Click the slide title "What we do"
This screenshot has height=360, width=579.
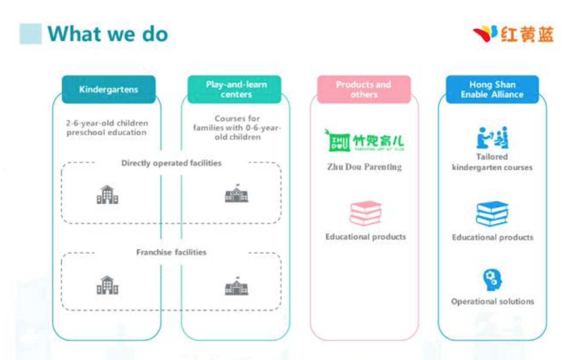(107, 34)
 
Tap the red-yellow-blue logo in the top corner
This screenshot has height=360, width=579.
(514, 34)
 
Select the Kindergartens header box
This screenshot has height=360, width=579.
(109, 90)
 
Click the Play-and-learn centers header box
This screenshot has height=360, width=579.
(235, 89)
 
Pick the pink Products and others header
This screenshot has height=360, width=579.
(364, 89)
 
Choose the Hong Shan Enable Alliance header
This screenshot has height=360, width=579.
(492, 89)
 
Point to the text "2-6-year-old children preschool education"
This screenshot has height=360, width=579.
(107, 128)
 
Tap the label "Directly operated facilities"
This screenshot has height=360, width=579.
(171, 163)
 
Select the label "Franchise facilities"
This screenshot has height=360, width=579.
(171, 252)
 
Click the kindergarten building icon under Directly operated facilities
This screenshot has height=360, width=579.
(107, 195)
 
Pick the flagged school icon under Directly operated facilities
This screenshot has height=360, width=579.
(236, 193)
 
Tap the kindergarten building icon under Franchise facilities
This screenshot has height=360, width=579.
(107, 285)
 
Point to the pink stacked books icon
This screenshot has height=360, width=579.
(365, 213)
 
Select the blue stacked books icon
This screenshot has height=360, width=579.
(492, 214)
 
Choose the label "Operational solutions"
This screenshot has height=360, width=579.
(492, 301)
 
